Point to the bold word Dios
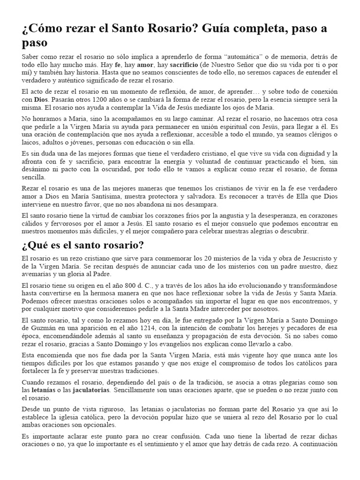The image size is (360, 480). pyautogui.click(x=41, y=100)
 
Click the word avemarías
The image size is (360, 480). pyautogui.click(x=39, y=274)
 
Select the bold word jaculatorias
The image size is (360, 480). pyautogui.click(x=90, y=390)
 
